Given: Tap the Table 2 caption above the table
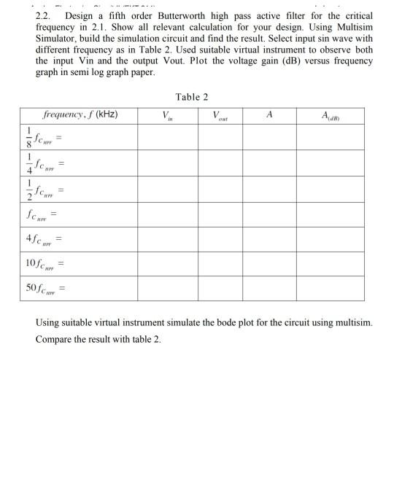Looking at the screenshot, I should [192, 97].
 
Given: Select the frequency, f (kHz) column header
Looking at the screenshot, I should [80, 115].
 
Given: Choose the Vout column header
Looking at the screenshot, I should [217, 115].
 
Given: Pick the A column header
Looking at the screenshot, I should [269, 114].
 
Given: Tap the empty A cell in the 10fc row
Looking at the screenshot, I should [269, 262].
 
